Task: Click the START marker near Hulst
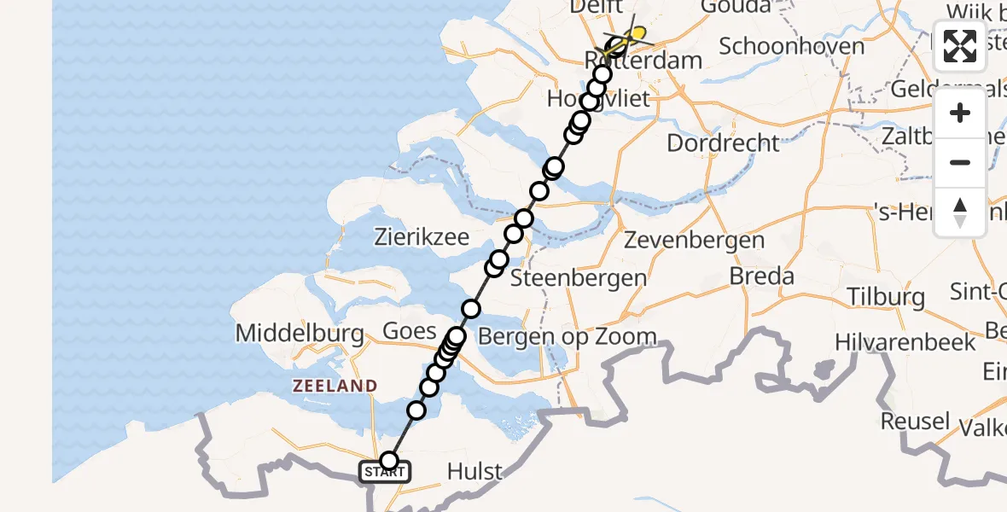(386, 472)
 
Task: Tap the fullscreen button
(960, 47)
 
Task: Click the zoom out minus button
(960, 162)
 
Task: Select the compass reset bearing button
(960, 212)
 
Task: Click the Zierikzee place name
(422, 237)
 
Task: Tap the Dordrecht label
(723, 143)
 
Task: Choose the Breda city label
(762, 276)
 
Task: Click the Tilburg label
(886, 297)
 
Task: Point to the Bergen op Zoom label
(567, 336)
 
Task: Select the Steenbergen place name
(579, 278)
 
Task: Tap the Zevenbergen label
(695, 241)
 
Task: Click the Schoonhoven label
(791, 46)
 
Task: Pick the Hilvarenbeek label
(905, 343)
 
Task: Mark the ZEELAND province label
(335, 387)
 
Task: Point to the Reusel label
(915, 421)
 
